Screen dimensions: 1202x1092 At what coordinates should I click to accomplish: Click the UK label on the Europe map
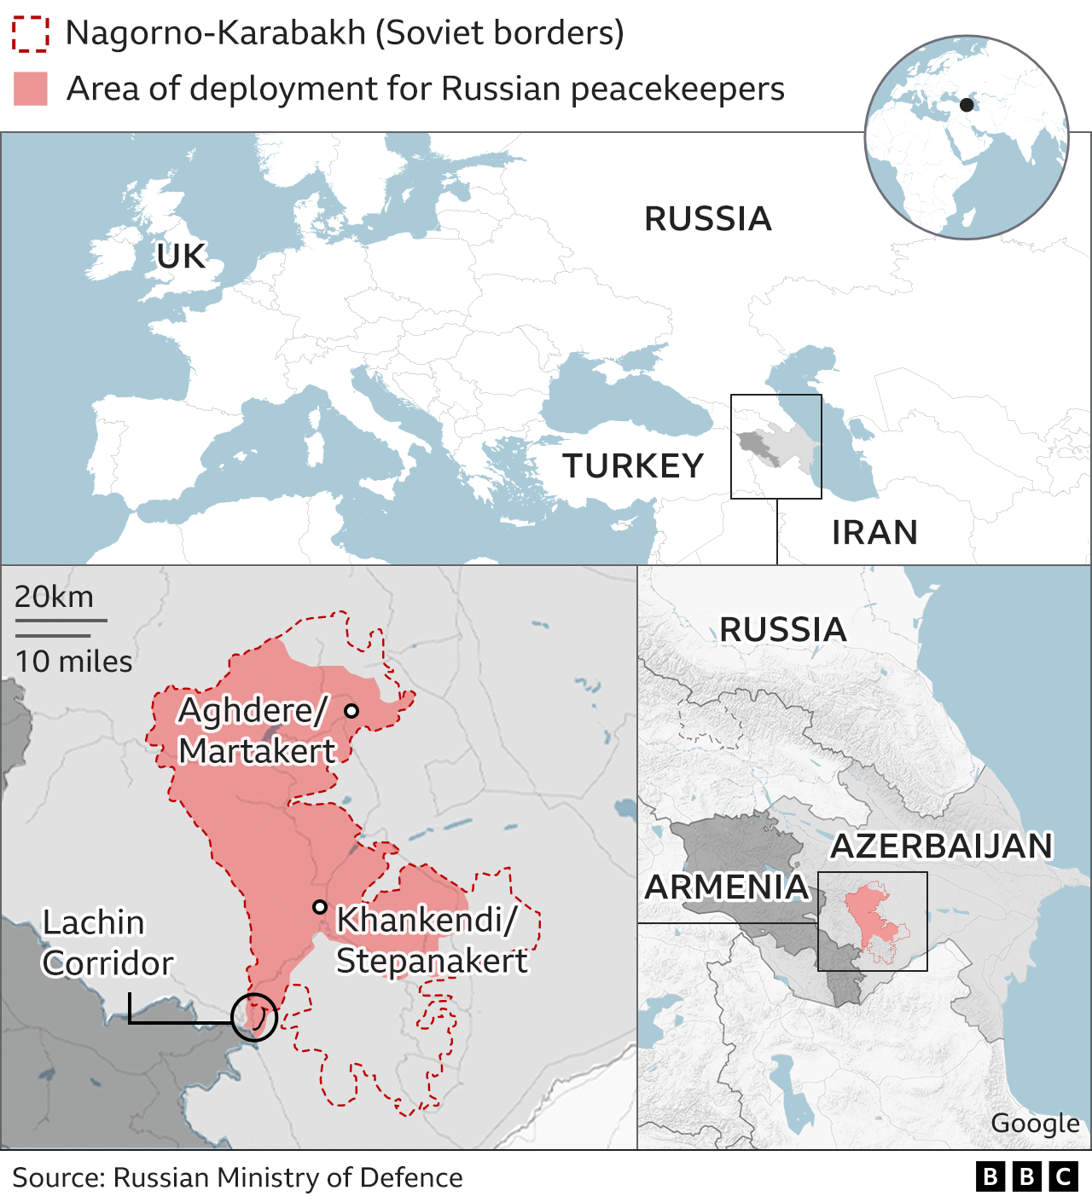(181, 257)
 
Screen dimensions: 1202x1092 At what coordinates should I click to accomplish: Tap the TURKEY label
(633, 466)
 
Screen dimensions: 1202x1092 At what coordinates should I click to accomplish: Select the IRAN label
(874, 533)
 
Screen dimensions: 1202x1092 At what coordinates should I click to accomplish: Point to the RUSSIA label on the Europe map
(707, 219)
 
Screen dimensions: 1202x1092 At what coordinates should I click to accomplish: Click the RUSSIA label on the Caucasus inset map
(782, 630)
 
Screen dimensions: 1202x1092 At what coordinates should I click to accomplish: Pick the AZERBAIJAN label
(942, 847)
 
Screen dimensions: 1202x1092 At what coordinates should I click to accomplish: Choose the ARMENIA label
(726, 887)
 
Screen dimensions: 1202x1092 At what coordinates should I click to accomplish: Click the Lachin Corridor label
(107, 943)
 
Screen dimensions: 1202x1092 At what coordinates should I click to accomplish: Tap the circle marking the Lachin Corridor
(254, 1016)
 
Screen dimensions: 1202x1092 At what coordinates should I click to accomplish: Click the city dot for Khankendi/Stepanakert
(320, 907)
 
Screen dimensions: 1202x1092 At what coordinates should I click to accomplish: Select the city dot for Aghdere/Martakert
(351, 710)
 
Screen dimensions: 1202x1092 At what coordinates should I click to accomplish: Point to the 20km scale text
(54, 597)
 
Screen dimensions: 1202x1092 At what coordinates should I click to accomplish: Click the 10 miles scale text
(73, 662)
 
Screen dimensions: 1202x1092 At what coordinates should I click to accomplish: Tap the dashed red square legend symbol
(31, 33)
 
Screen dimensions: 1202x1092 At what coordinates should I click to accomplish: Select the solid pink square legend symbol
(31, 89)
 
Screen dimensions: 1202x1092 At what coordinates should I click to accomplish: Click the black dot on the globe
(967, 105)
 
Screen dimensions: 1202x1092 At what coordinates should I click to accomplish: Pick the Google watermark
(1035, 1124)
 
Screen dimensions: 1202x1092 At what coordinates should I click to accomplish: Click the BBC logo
(1026, 1177)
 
